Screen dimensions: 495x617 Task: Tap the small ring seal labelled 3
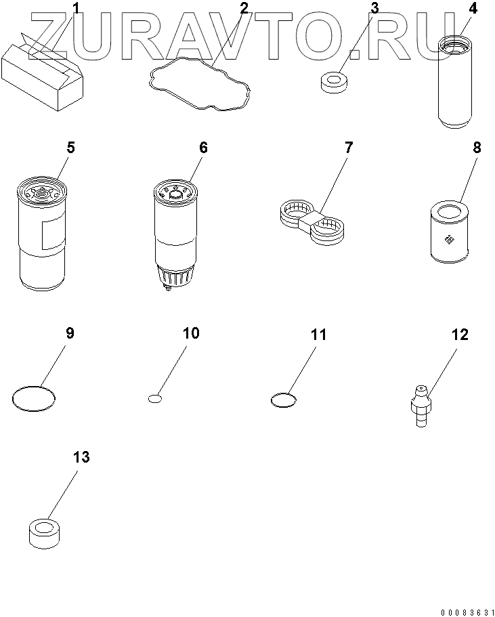334,82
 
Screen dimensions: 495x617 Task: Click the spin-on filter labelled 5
42,234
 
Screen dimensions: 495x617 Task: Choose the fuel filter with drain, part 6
175,234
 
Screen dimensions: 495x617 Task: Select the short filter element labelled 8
450,232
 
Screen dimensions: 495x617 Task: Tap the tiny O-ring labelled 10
155,399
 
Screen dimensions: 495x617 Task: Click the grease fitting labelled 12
421,405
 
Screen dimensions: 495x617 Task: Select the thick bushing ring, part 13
45,533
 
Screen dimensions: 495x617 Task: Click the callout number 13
81,457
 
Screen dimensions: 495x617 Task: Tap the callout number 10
191,333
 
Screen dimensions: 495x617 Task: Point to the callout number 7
349,148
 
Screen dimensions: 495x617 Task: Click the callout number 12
460,335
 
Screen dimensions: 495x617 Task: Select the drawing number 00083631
467,612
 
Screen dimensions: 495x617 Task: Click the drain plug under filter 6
169,289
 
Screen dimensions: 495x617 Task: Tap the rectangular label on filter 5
53,234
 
